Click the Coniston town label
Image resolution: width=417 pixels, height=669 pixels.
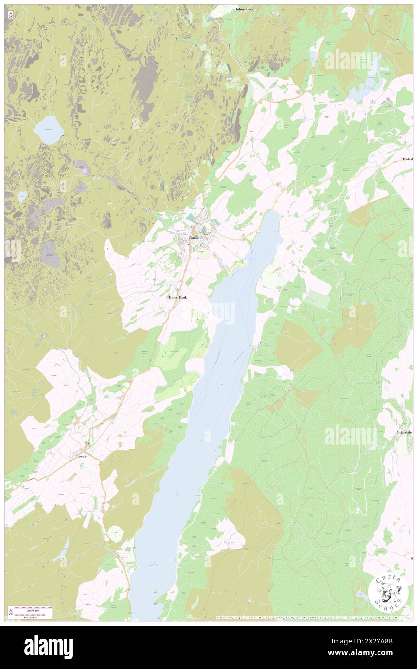pyautogui.click(x=195, y=238)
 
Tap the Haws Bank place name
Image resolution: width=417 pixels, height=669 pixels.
pyautogui.click(x=177, y=298)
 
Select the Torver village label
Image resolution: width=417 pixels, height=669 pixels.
pyautogui.click(x=80, y=456)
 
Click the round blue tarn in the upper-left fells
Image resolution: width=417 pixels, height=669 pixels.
pyautogui.click(x=48, y=129)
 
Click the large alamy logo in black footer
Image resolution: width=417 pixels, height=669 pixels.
pyautogui.click(x=48, y=646)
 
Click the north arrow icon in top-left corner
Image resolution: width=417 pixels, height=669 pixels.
pyautogui.click(x=10, y=15)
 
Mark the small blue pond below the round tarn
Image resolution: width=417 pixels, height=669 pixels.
pyautogui.click(x=23, y=196)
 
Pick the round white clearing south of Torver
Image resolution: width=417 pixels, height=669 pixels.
pyautogui.click(x=115, y=534)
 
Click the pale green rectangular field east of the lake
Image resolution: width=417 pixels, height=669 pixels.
pyautogui.click(x=318, y=299)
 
